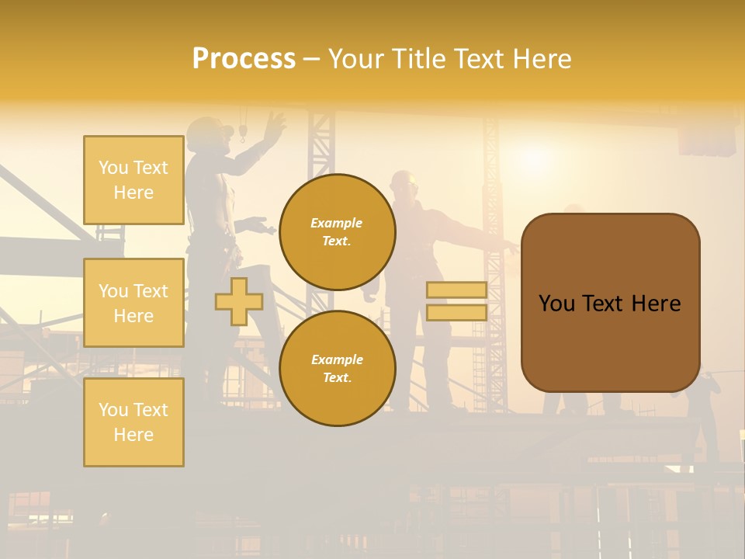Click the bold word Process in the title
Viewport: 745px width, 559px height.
(x=244, y=59)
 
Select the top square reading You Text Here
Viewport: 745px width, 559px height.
(x=133, y=180)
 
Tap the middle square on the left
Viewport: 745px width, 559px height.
(x=133, y=303)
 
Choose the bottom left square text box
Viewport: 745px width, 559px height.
(x=133, y=422)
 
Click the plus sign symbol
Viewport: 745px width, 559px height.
(x=239, y=301)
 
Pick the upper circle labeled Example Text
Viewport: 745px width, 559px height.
(x=337, y=232)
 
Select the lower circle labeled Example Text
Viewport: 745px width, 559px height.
(x=337, y=369)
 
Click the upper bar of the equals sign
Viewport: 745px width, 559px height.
(x=456, y=290)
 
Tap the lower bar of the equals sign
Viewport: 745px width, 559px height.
(x=456, y=313)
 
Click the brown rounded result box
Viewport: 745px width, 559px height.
(x=610, y=302)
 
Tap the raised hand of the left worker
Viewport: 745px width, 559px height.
(x=274, y=123)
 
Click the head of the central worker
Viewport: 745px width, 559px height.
(x=404, y=185)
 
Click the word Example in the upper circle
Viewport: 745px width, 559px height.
(x=336, y=224)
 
